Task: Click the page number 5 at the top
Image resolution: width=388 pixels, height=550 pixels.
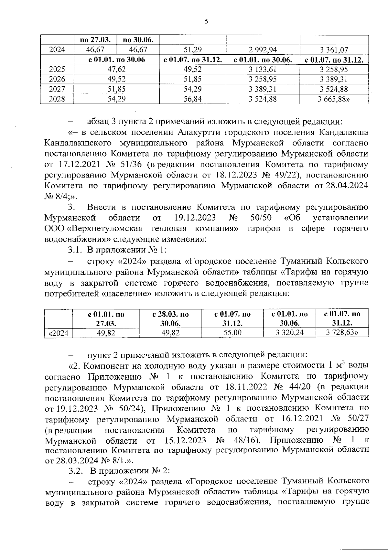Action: [x=206, y=22]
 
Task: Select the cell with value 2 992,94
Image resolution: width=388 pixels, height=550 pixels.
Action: [x=263, y=49]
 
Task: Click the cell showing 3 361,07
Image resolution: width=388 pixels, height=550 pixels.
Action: [x=334, y=49]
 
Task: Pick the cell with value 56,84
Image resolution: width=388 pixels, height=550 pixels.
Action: [x=192, y=99]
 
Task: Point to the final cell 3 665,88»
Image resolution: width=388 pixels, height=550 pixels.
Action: [x=334, y=99]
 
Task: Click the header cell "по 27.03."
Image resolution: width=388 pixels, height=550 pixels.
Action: [x=95, y=40]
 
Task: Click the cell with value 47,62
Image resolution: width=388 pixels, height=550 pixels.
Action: [x=116, y=69]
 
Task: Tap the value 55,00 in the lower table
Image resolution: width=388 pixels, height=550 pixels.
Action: [x=232, y=333]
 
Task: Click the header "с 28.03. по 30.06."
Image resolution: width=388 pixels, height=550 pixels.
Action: [x=170, y=318]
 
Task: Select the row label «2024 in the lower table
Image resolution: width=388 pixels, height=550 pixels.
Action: [x=58, y=333]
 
